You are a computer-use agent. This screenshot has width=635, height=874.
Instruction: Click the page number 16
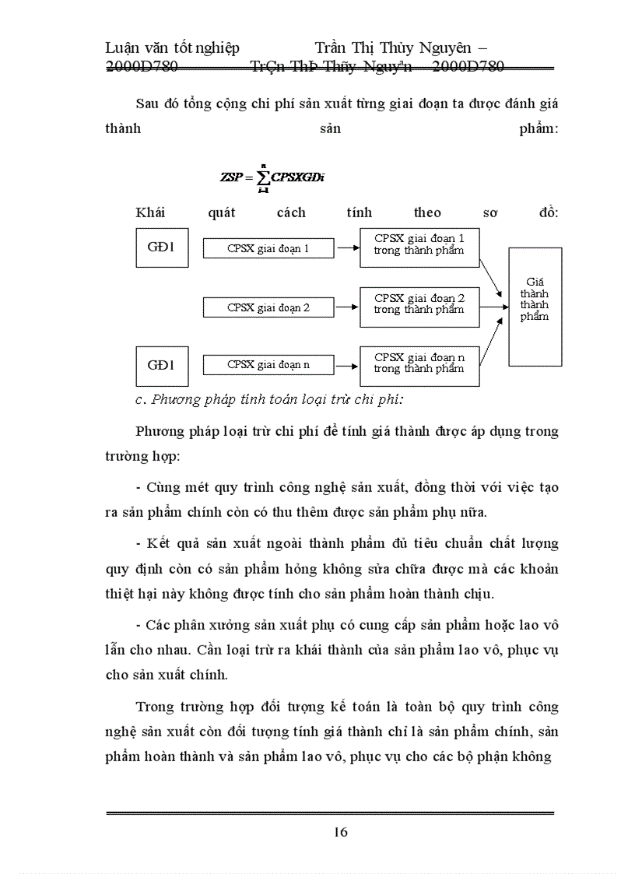[341, 832]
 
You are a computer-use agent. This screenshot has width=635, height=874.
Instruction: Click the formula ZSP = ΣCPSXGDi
[272, 177]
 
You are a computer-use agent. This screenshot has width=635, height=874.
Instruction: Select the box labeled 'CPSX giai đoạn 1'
[268, 249]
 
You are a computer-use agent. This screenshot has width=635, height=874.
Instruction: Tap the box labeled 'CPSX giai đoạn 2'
[268, 307]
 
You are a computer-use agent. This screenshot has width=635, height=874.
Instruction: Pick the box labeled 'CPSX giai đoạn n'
[268, 364]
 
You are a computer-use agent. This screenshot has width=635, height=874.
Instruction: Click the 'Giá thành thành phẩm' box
[535, 306]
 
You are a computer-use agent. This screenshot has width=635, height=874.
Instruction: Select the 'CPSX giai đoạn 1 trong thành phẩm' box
[419, 247]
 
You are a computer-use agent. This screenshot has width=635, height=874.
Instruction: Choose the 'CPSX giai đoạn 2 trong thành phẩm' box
[419, 306]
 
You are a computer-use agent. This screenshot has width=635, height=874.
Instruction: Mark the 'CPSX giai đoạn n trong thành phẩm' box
[419, 365]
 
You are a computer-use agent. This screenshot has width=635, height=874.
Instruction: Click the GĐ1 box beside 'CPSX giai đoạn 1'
[162, 248]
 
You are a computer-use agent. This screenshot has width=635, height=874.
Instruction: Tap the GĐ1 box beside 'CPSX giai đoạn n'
[162, 366]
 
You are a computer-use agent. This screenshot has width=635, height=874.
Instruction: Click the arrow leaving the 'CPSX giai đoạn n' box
[347, 364]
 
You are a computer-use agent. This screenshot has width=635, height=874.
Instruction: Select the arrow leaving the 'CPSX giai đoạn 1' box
[347, 249]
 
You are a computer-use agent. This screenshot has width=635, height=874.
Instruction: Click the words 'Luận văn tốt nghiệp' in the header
[172, 48]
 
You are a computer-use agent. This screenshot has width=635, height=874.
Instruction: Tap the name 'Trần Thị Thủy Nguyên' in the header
[396, 48]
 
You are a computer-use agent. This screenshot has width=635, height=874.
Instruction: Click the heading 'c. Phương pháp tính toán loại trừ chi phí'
[269, 400]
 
